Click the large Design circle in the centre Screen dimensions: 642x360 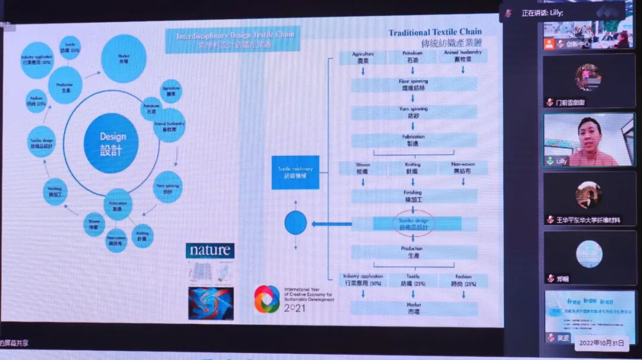(111, 143)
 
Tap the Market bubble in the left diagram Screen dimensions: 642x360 (124, 58)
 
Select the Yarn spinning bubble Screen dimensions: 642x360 (168, 187)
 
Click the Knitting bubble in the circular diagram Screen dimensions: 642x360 (142, 235)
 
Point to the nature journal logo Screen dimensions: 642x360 (210, 250)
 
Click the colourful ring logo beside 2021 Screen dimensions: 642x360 (267, 299)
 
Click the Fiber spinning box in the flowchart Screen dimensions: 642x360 (413, 84)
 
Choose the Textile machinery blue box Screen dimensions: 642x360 (295, 172)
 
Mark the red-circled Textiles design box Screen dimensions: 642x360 (414, 223)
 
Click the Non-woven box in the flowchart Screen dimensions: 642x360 (462, 168)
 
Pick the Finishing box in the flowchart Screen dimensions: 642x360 (413, 196)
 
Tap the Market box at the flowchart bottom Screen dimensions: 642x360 (413, 308)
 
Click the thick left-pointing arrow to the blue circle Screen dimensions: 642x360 (332, 224)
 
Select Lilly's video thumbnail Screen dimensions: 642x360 (588, 140)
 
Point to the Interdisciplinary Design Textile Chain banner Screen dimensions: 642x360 (232, 40)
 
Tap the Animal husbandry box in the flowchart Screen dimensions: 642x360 (462, 57)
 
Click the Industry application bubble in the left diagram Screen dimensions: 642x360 (37, 60)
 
